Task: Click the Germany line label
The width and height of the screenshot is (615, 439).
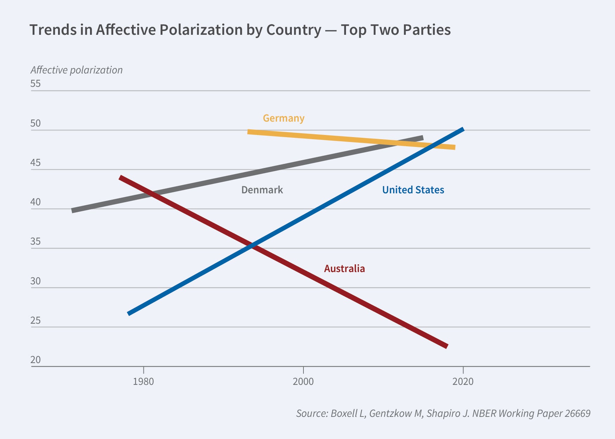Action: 283,118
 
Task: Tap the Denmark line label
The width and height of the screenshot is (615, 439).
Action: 262,190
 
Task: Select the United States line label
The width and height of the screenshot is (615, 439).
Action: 413,190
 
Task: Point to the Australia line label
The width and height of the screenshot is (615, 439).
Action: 344,269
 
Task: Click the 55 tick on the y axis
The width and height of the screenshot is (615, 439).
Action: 36,84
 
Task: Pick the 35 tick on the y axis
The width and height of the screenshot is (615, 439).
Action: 36,241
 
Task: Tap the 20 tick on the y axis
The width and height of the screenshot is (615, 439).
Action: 36,360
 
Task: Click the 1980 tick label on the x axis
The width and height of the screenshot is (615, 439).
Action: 143,381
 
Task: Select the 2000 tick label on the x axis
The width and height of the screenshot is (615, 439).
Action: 303,381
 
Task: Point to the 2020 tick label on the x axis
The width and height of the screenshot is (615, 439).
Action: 463,381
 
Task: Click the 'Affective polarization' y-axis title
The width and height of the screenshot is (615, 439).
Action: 77,70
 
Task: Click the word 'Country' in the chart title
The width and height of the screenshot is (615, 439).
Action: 294,30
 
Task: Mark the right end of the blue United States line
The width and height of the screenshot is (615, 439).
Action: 463,129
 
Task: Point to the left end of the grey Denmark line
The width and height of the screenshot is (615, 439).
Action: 72,211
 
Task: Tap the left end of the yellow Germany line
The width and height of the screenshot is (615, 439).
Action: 248,132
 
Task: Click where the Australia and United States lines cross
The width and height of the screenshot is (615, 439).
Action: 252,246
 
